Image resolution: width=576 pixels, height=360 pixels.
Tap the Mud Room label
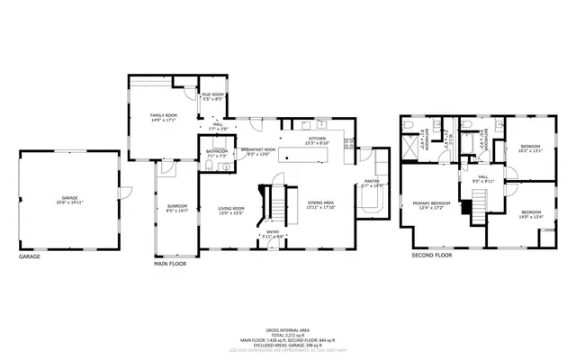pyautogui.click(x=212, y=95)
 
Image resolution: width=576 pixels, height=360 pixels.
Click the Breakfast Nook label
pyautogui.click(x=257, y=151)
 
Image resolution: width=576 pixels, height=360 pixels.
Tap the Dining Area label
pyautogui.click(x=320, y=204)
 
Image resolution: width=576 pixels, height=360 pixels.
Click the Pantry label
pyautogui.click(x=372, y=183)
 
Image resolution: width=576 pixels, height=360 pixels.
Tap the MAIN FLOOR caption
pyautogui.click(x=169, y=264)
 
